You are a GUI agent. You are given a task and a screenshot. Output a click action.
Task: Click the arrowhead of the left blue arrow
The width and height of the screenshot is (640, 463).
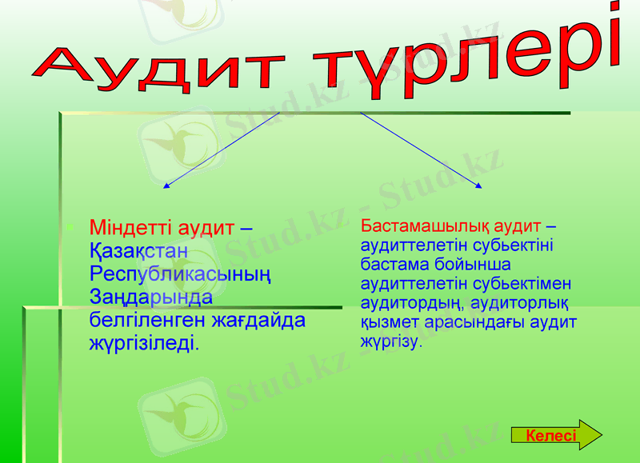tap(166, 187)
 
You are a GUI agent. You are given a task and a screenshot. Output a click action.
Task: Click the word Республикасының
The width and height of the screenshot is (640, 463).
tap(180, 274)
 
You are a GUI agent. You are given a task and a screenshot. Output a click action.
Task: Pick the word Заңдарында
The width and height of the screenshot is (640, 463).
tap(151, 297)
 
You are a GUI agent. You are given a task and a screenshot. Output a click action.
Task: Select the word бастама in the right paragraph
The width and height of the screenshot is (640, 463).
tap(390, 264)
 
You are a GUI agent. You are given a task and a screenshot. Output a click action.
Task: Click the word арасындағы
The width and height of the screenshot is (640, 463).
tap(479, 322)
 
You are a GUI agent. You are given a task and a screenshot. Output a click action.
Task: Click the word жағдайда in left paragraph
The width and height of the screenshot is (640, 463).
tap(270, 321)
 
